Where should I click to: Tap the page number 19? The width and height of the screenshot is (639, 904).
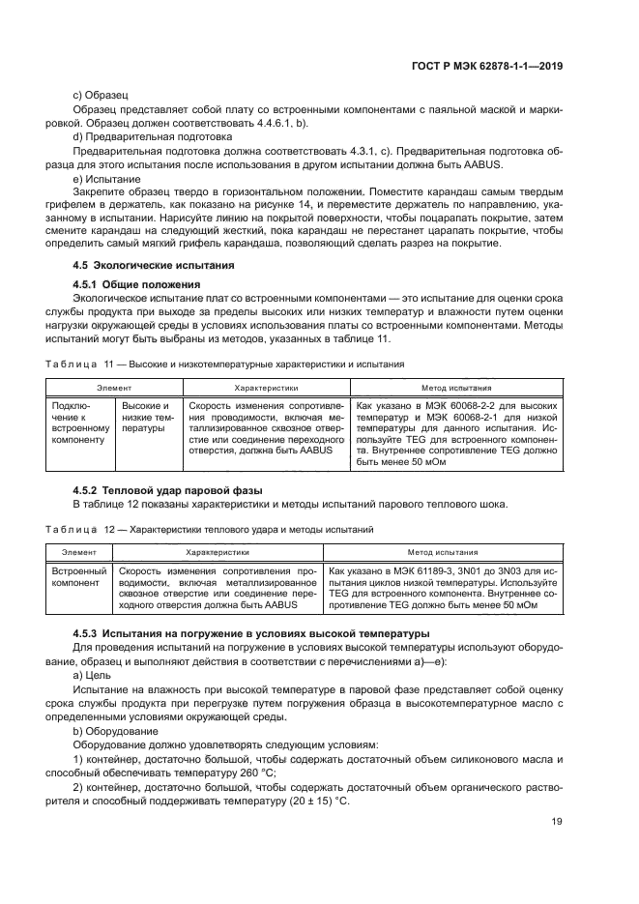556,822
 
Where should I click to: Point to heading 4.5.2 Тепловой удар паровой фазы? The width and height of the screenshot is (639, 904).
167,490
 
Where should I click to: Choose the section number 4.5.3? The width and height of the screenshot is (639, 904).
90,632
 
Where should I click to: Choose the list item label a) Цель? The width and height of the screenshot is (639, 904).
96,675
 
